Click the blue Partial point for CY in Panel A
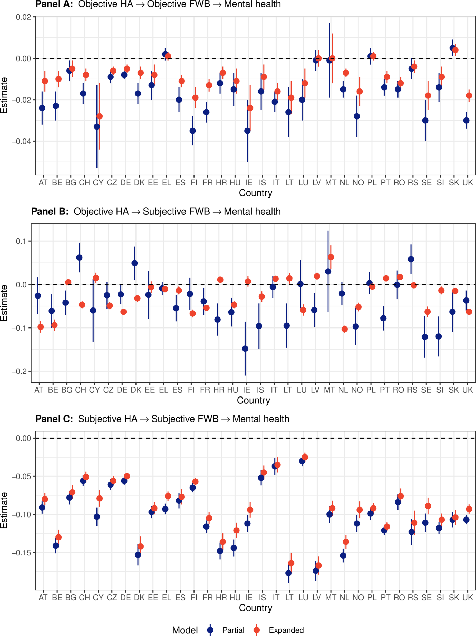(97, 126)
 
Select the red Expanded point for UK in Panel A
(469, 95)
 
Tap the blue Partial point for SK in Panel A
(452, 48)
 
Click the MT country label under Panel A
(331, 182)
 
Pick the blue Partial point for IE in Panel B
(245, 349)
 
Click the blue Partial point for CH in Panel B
(79, 257)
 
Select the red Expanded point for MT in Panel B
(331, 257)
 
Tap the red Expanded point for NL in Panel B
(345, 329)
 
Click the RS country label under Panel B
(412, 390)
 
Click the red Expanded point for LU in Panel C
(305, 457)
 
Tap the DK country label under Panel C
(139, 598)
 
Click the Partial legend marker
(210, 630)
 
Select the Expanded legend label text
(286, 630)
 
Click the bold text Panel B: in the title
(50, 211)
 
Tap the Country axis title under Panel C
(255, 608)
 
